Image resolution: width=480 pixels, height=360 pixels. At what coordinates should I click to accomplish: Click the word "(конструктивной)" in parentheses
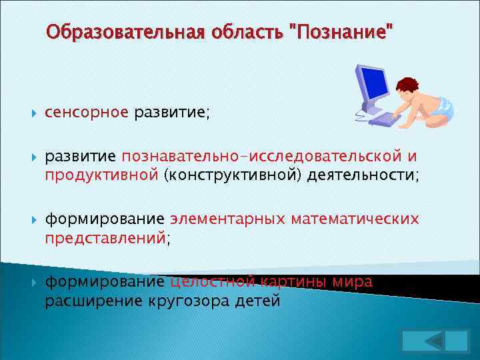233,175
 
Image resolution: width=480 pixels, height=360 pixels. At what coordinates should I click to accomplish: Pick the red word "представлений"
105,237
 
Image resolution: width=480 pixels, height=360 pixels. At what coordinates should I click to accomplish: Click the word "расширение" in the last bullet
93,300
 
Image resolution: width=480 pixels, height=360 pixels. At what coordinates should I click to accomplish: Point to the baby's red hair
406,85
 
